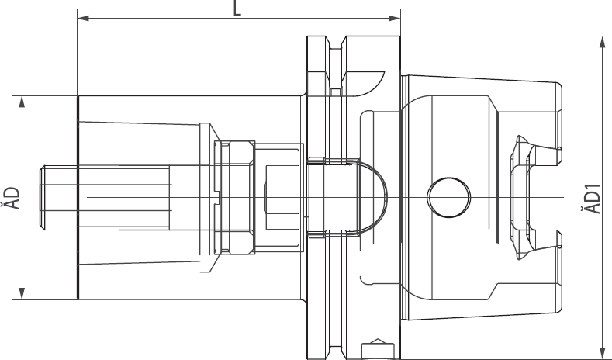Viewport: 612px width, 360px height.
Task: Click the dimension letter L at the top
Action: pos(238,8)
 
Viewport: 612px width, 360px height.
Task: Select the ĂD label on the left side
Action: pos(9,197)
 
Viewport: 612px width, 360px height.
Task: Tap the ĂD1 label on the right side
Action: pos(593,198)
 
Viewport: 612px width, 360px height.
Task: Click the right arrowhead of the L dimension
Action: pos(396,17)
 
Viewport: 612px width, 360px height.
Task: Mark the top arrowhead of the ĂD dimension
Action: pos(22,100)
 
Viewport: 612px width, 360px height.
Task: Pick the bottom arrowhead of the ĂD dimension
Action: pos(22,294)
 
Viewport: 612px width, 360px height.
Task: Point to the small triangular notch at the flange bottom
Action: pos(377,342)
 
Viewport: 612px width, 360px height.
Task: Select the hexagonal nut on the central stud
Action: pos(236,197)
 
